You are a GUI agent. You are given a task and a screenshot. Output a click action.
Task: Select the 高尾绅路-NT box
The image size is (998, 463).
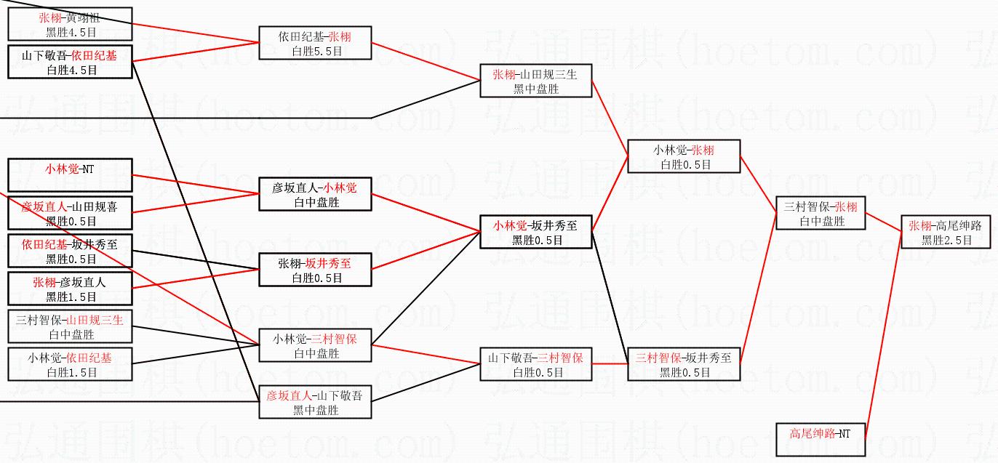820,440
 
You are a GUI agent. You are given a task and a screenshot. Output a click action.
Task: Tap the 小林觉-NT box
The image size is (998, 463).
70,177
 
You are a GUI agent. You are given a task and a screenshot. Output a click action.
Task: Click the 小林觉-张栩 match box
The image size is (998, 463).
684,157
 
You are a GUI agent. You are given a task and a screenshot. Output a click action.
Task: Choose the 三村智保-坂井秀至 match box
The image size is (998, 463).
684,364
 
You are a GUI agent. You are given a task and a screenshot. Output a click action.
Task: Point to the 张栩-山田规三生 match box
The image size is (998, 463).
535,81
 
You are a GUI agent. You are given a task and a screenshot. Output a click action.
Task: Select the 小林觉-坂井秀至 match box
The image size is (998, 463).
535,232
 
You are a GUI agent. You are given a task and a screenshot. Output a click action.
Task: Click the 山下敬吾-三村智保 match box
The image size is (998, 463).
535,364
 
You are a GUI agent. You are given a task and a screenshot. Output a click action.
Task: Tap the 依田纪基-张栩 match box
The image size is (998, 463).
315,44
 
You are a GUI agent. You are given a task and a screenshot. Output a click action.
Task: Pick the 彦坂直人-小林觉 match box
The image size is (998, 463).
315,195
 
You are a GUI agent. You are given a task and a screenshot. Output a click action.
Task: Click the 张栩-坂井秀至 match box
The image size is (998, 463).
315,270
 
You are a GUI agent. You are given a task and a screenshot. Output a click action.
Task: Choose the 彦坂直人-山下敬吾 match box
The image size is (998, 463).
315,402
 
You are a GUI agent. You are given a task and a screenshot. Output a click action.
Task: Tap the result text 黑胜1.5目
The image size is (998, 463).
70,297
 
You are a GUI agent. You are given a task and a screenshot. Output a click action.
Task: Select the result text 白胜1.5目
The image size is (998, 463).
70,372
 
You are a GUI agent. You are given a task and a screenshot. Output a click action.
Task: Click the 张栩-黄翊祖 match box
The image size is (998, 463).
70,25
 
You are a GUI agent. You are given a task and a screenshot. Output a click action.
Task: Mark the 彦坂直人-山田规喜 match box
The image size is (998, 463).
70,214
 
